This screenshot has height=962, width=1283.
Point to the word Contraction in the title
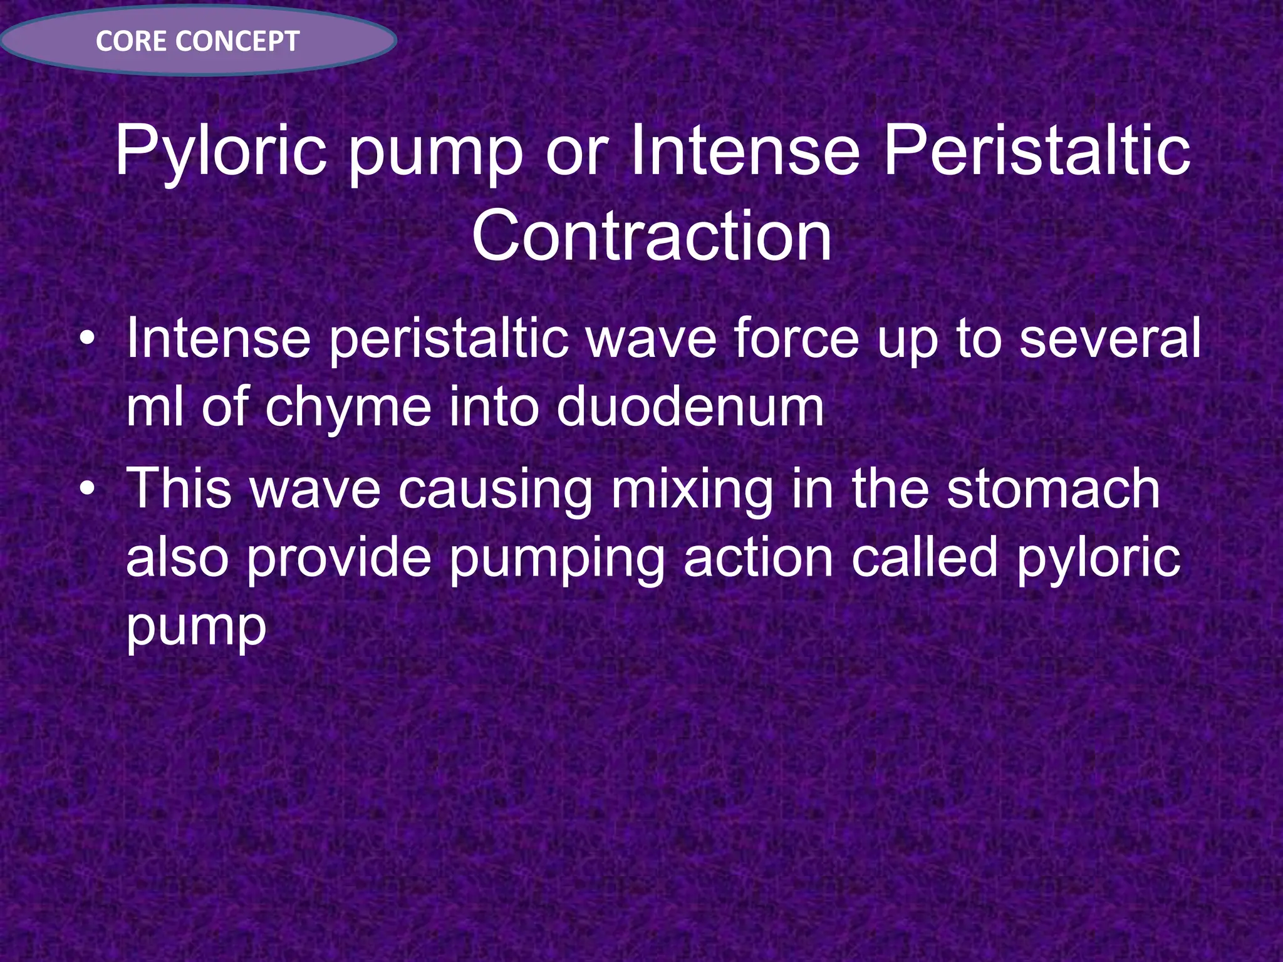(652, 236)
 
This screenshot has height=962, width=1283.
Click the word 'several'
(1110, 338)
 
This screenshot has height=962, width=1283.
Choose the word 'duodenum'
(690, 407)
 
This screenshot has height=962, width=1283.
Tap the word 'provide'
(338, 559)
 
